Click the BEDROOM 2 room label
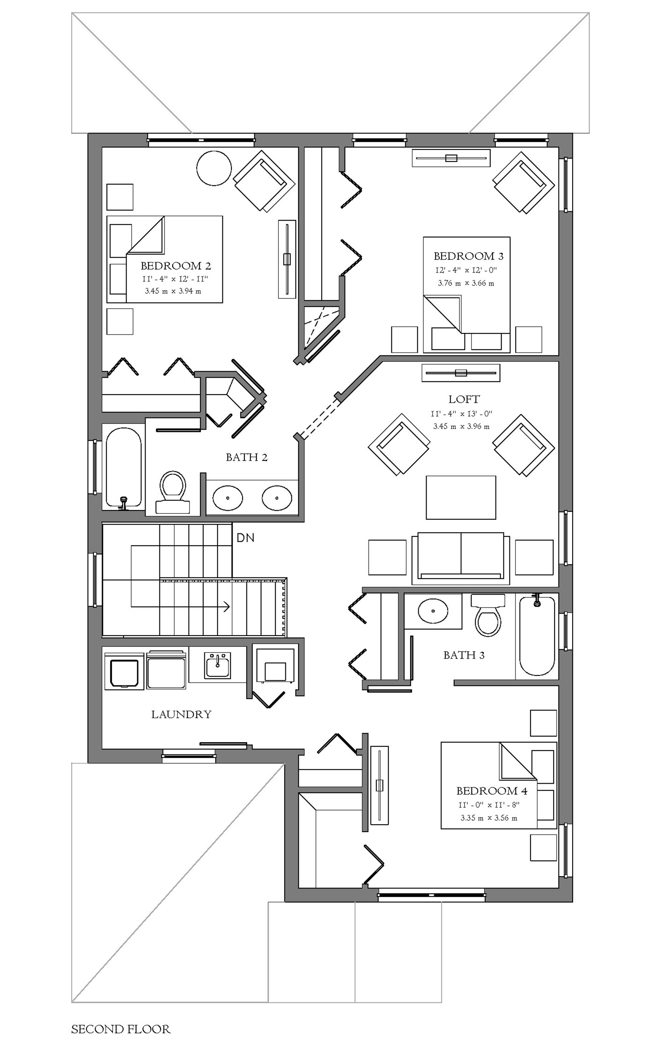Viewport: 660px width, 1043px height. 176,265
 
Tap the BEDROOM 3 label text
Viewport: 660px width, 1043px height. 469,256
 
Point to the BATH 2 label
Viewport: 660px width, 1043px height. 247,457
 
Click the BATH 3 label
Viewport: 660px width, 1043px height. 464,655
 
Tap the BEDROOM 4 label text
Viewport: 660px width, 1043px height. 492,791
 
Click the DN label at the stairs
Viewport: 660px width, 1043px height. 245,538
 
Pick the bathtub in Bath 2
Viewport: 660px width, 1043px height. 124,467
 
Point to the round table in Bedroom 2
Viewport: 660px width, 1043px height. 214,168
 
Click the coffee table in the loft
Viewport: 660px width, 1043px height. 461,497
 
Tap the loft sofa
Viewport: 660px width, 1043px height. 461,556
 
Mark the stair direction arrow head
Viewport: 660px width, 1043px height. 226,607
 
